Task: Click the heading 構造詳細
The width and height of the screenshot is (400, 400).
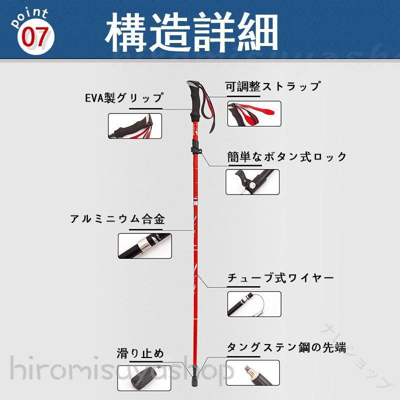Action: (x=191, y=32)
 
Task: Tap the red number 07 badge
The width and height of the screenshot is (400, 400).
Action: (x=35, y=36)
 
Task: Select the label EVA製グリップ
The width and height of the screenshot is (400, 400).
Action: (x=124, y=97)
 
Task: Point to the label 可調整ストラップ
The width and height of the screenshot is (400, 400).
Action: (x=272, y=86)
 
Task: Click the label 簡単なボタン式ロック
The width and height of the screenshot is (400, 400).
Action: (x=286, y=156)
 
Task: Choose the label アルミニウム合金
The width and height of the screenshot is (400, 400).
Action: (x=117, y=219)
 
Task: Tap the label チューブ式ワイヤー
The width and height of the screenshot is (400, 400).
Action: (x=280, y=278)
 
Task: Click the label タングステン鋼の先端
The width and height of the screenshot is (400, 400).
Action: (x=286, y=347)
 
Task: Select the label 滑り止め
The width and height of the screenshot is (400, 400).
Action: (x=140, y=353)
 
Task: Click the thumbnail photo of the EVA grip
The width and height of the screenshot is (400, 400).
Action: (x=135, y=126)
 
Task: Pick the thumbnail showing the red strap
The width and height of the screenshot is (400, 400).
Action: (x=254, y=113)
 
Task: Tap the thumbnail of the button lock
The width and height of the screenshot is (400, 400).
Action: (x=252, y=182)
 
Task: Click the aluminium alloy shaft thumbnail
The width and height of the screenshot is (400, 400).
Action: (x=144, y=246)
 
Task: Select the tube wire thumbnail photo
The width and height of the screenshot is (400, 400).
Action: (x=254, y=304)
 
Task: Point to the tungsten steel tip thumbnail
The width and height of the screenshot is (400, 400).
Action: (x=253, y=372)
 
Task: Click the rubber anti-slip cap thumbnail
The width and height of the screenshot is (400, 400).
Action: (x=144, y=378)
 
